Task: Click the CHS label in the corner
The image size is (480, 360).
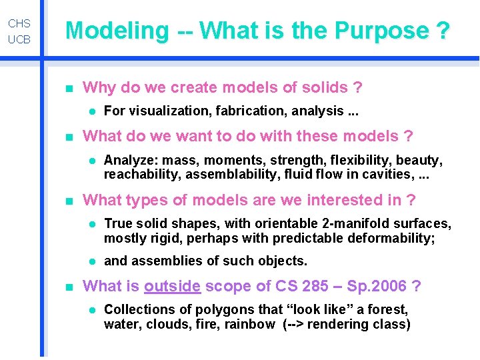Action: click(x=19, y=23)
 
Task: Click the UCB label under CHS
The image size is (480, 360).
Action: click(x=19, y=40)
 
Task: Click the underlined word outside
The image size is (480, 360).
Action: click(x=172, y=286)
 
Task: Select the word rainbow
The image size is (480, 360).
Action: click(x=250, y=324)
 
